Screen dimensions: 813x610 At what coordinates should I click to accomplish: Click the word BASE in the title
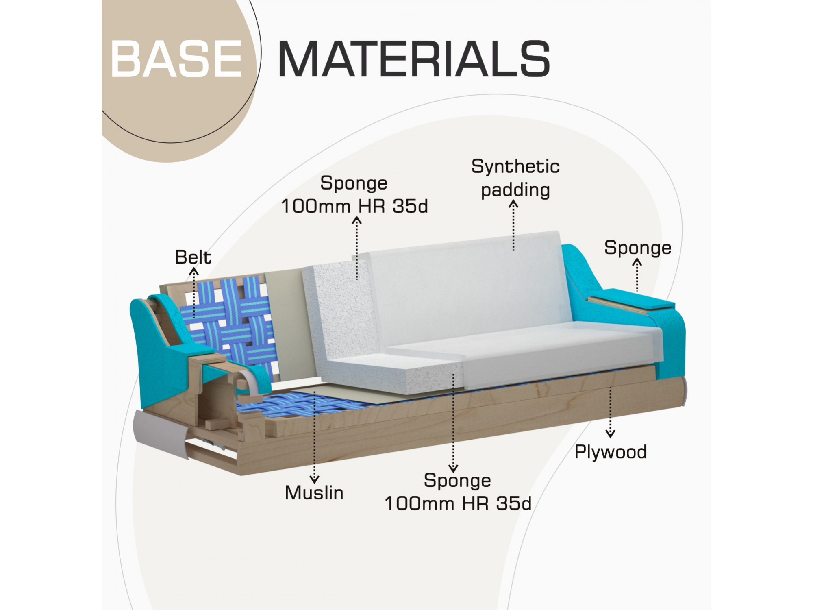pyautogui.click(x=176, y=59)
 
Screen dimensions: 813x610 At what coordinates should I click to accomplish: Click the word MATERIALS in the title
pyautogui.click(x=414, y=59)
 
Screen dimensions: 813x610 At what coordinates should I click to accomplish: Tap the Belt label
pyautogui.click(x=193, y=257)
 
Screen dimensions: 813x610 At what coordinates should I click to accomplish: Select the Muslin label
pyautogui.click(x=314, y=493)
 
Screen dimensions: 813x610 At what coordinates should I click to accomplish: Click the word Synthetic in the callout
pyautogui.click(x=515, y=166)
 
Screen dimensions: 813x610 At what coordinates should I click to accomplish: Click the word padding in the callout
pyautogui.click(x=515, y=190)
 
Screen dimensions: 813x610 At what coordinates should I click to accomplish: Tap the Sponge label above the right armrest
pyautogui.click(x=637, y=248)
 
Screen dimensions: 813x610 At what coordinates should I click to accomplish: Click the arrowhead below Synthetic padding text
pyautogui.click(x=514, y=204)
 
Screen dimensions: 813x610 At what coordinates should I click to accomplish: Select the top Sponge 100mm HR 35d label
pyautogui.click(x=354, y=195)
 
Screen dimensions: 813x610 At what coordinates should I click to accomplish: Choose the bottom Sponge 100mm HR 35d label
pyautogui.click(x=458, y=492)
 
